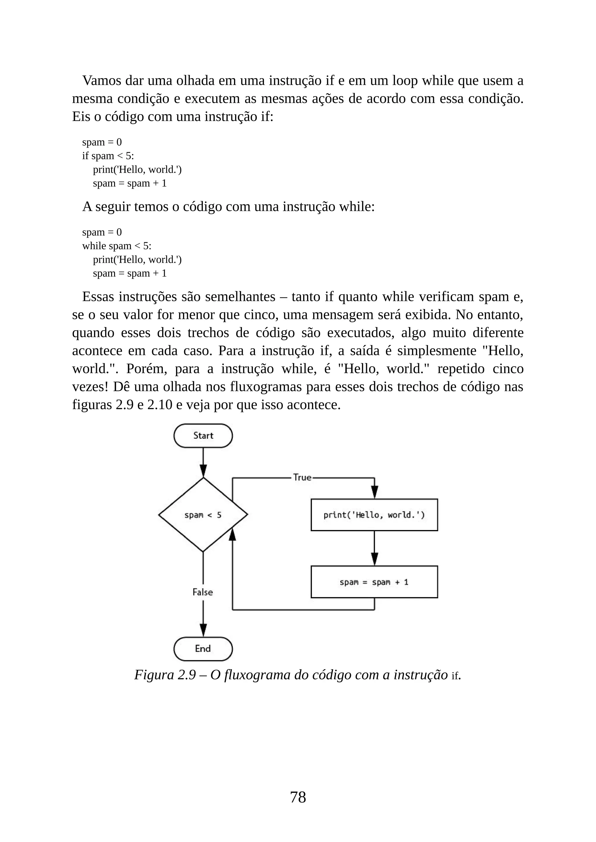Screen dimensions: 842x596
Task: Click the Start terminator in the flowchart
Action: pyautogui.click(x=203, y=436)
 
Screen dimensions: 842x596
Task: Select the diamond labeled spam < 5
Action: pyautogui.click(x=203, y=515)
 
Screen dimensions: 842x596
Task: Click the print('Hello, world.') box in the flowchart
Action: pyautogui.click(x=374, y=515)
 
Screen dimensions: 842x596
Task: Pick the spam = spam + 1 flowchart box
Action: pyautogui.click(x=374, y=582)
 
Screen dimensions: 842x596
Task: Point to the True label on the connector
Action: pyautogui.click(x=302, y=477)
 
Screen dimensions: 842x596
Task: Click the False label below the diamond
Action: pyautogui.click(x=203, y=592)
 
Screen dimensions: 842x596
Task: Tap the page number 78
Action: pyautogui.click(x=298, y=797)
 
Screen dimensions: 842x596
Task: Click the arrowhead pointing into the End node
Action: pyautogui.click(x=203, y=630)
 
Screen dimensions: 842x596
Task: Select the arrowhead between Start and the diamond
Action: pyautogui.click(x=203, y=470)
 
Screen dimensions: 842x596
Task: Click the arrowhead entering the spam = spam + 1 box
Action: pyautogui.click(x=374, y=559)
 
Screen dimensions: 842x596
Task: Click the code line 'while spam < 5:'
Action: pyautogui.click(x=117, y=246)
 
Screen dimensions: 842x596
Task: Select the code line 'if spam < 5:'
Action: pyautogui.click(x=108, y=156)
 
